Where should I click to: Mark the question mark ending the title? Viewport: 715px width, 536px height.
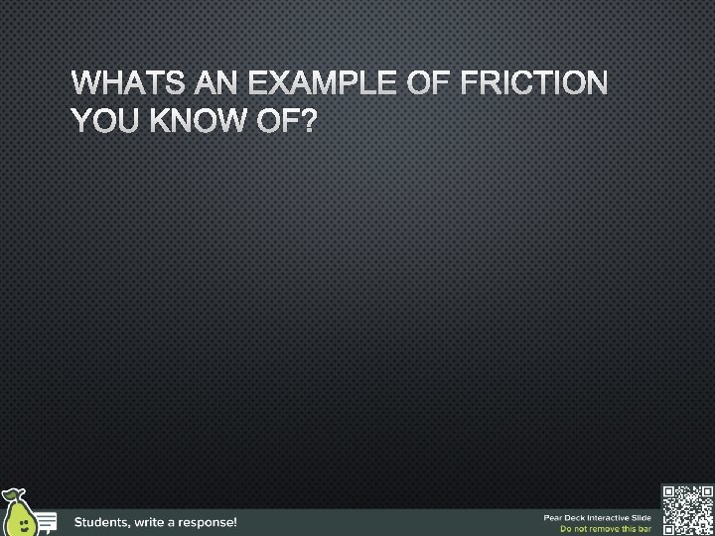coord(311,122)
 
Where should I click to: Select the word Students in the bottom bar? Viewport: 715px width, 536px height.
coord(107,521)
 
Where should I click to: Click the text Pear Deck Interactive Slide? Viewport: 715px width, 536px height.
coord(597,516)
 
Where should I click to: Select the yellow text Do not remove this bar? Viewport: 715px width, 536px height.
coord(606,529)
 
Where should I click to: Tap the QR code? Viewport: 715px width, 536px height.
coord(687,509)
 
